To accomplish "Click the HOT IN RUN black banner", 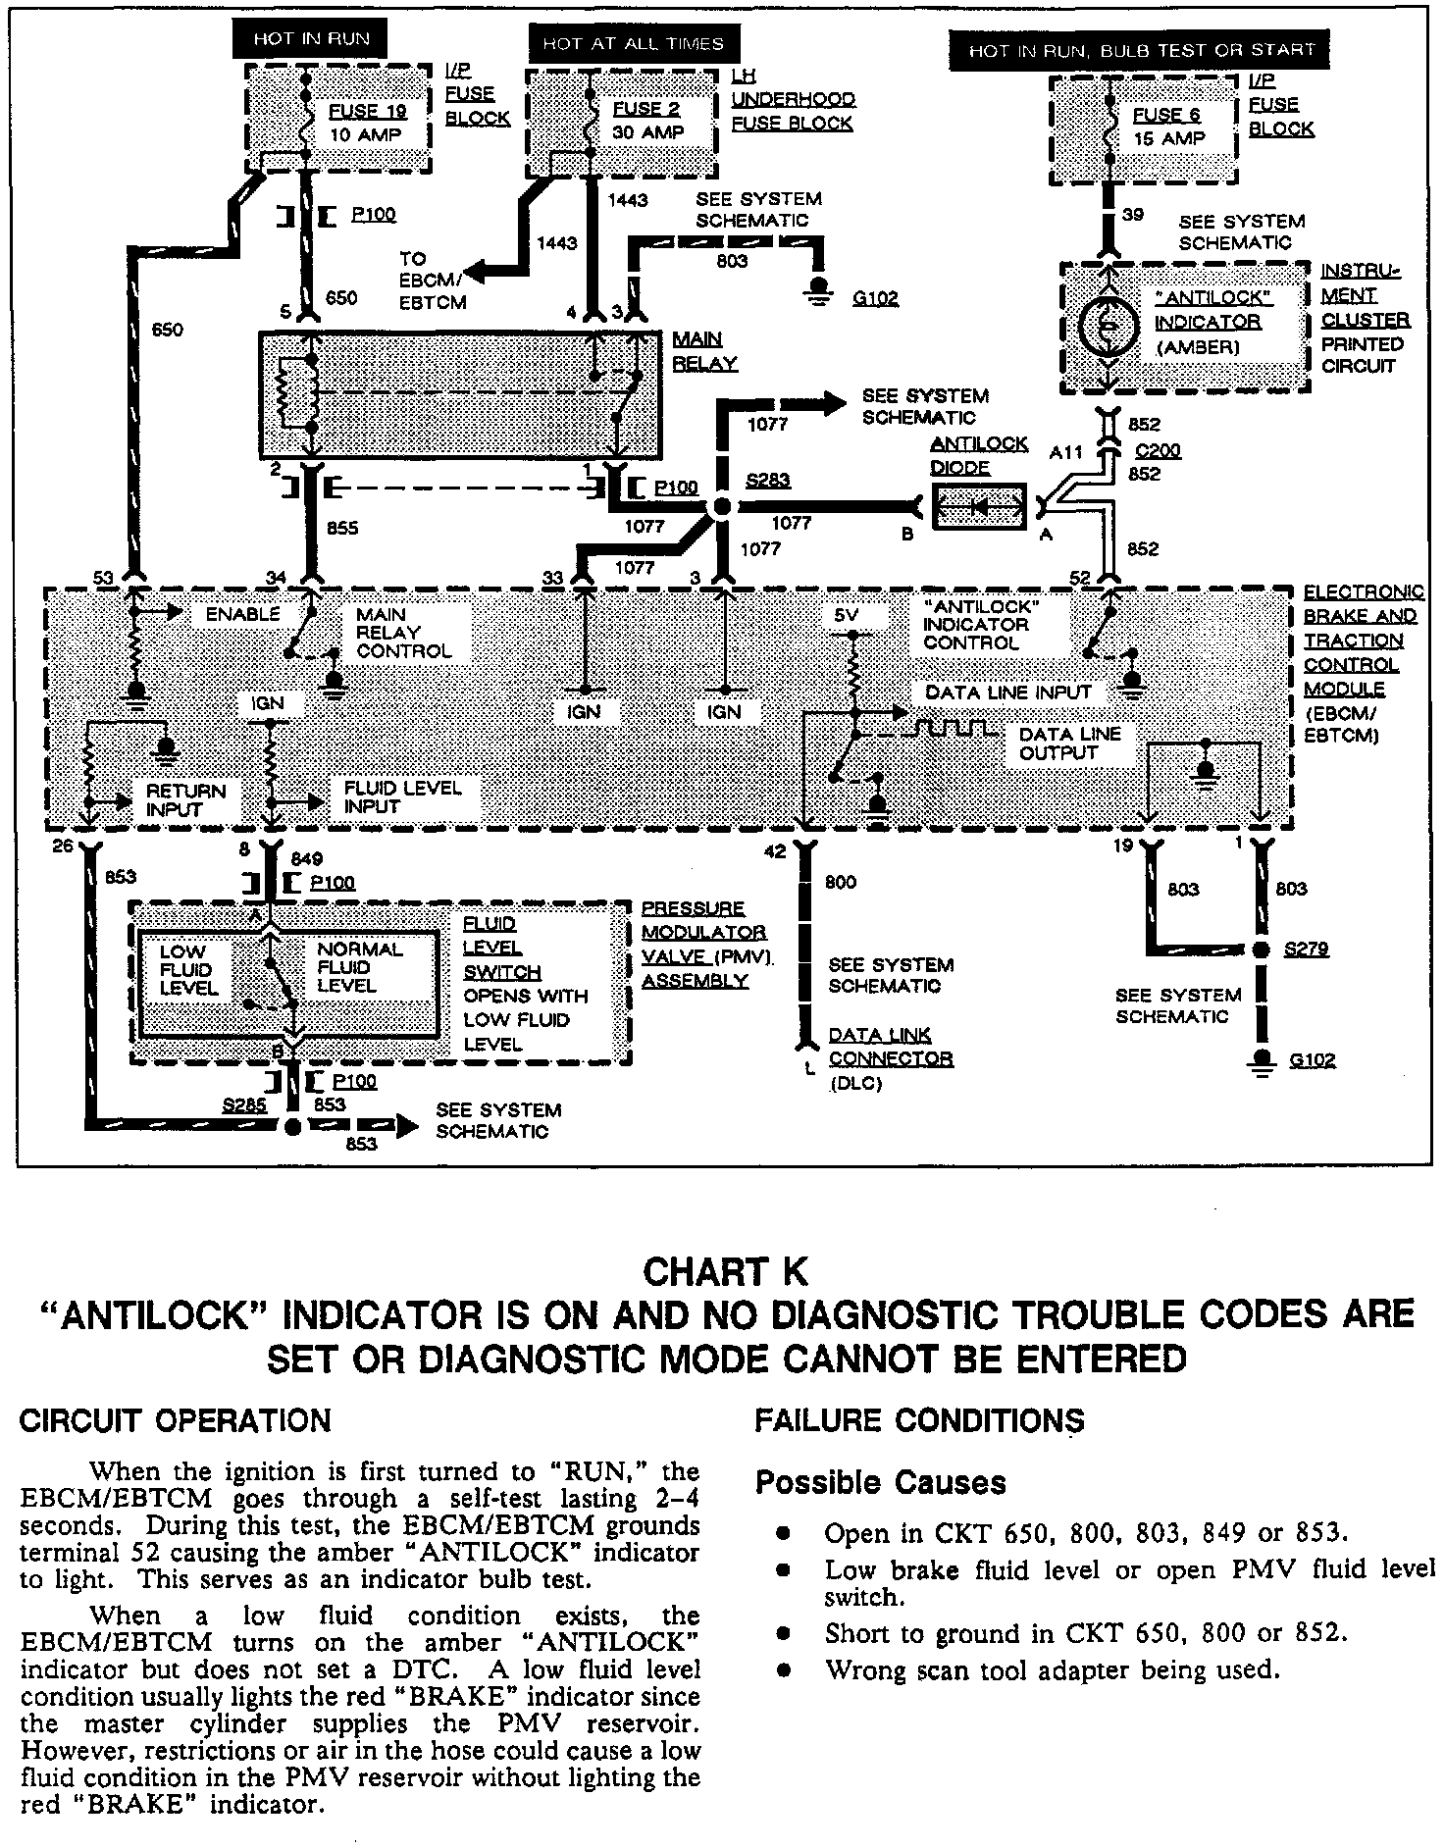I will (x=310, y=39).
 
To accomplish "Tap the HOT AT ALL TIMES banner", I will (x=633, y=44).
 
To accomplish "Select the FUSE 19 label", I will (x=367, y=111).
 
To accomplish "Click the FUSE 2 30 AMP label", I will (x=647, y=121).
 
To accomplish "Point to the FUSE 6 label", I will (x=1166, y=115).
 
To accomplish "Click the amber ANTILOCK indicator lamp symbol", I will (x=1109, y=326).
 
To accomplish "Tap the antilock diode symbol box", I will (x=978, y=507).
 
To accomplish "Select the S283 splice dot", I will (x=721, y=507).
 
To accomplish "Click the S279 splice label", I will (x=1306, y=950).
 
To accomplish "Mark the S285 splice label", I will (x=243, y=1105).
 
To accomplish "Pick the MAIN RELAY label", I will (x=703, y=351).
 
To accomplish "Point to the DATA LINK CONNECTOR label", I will (x=890, y=1047).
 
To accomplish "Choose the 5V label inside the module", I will (x=846, y=615).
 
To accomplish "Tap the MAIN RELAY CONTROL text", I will (x=403, y=633).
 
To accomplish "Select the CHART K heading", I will (x=725, y=1272).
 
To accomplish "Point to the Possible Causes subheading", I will (x=880, y=1482).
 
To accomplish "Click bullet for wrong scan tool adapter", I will (x=783, y=1669).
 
